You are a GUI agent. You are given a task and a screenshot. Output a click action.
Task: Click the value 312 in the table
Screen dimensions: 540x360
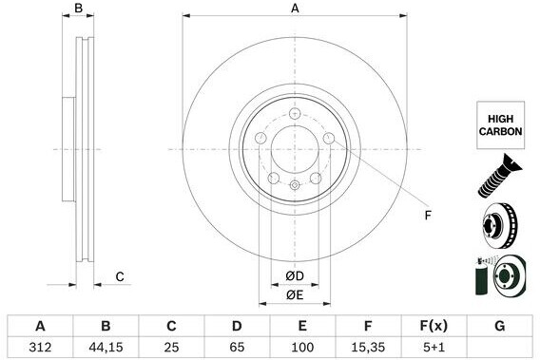point(40,347)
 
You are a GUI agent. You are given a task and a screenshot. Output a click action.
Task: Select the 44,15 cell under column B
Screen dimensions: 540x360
point(106,347)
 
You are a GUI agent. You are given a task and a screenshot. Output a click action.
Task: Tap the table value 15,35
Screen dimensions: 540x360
point(368,347)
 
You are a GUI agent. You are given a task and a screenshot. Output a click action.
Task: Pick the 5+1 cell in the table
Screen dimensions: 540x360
point(434,347)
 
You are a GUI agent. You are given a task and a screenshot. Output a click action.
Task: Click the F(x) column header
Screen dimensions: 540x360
point(434,325)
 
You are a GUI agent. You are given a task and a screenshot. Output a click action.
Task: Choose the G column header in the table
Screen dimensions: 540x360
point(500,325)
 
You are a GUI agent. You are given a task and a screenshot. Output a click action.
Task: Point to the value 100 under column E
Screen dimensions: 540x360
point(302,347)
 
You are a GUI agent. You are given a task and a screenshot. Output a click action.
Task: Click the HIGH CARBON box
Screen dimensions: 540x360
point(500,125)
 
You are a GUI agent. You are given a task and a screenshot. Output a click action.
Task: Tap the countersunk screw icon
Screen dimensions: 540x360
point(500,177)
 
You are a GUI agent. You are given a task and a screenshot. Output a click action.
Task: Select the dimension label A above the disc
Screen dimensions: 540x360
point(295,8)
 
